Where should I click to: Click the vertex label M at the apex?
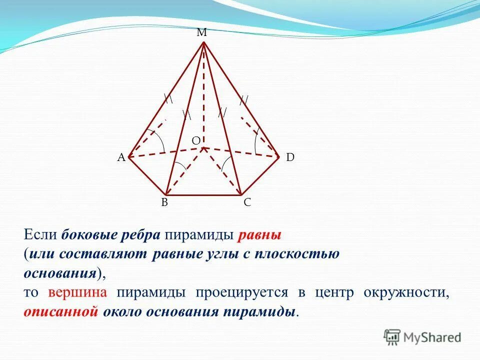tap(201, 33)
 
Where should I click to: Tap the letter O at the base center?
tap(196, 141)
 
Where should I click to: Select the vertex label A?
tap(121, 157)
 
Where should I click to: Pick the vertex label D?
tap(290, 157)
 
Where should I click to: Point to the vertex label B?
tap(164, 202)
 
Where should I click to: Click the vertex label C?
tap(247, 202)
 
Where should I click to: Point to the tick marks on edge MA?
tap(168, 98)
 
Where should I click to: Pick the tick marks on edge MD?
tap(243, 100)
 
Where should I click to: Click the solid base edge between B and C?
tap(204, 195)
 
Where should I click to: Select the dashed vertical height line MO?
tap(203, 100)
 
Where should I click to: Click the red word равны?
tap(260, 234)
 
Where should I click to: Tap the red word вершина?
tap(77, 293)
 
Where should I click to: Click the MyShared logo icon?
tap(392, 337)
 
